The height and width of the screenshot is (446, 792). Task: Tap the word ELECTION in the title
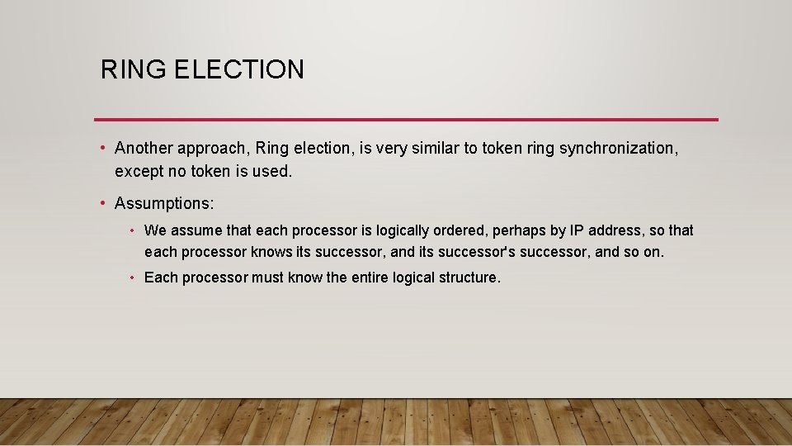[x=239, y=69]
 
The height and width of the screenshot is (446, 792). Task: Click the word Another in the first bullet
[x=141, y=148]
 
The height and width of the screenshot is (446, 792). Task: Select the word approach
[x=210, y=149]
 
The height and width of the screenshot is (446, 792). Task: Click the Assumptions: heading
[x=164, y=203]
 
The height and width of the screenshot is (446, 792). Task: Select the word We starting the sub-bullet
[x=155, y=230]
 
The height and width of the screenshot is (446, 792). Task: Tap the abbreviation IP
[x=577, y=230]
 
